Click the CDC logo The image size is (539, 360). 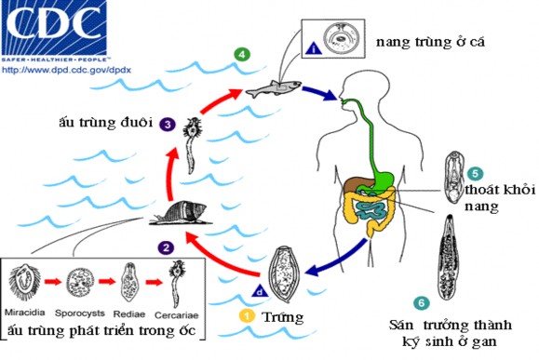pos(52,28)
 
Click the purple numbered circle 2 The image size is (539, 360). pos(166,247)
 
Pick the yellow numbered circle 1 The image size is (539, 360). pos(247,315)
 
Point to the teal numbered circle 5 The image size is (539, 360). pos(474,173)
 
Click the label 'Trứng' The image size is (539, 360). pos(286,316)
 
